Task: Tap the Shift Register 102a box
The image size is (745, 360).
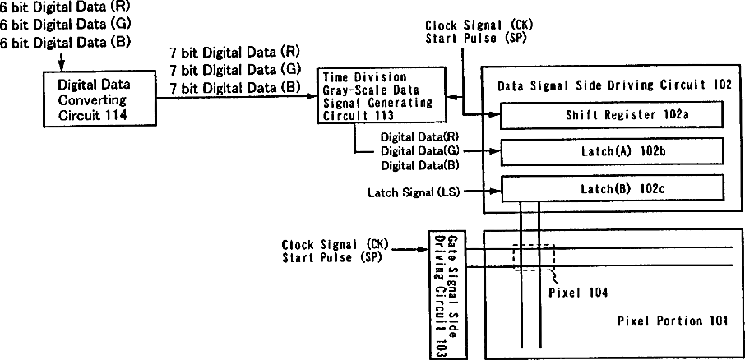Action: (x=611, y=116)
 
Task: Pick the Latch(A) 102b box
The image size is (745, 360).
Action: (x=611, y=152)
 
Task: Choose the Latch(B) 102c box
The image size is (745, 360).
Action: (x=611, y=188)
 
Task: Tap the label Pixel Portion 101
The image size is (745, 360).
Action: (x=673, y=321)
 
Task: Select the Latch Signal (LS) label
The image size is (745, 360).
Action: (x=411, y=193)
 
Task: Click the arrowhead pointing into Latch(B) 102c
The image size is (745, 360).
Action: (x=495, y=193)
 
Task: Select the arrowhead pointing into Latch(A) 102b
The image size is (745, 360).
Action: (x=495, y=152)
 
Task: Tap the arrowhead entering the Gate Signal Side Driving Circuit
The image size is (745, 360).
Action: (x=423, y=251)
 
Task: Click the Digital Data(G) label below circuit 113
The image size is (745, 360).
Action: (x=419, y=151)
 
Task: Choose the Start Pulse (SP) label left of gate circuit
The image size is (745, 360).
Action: (x=330, y=257)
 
